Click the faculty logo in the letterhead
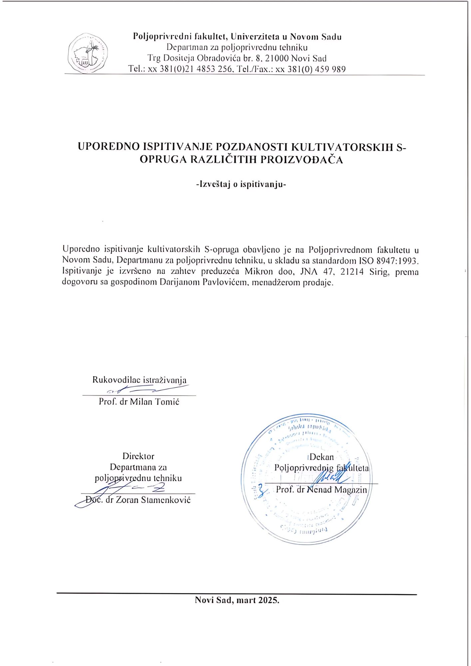pyautogui.click(x=88, y=53)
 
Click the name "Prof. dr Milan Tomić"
pyautogui.click(x=139, y=402)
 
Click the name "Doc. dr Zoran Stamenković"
pyautogui.click(x=138, y=500)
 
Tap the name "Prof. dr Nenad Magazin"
pyautogui.click(x=321, y=490)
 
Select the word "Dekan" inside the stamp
pyautogui.click(x=321, y=457)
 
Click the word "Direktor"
pyautogui.click(x=138, y=456)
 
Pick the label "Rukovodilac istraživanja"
pyautogui.click(x=139, y=380)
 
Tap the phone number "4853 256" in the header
pyautogui.click(x=214, y=69)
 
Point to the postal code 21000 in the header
pyautogui.click(x=276, y=58)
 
